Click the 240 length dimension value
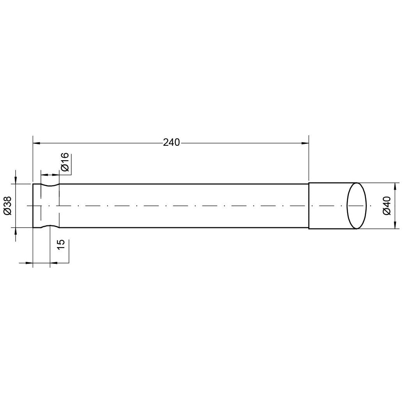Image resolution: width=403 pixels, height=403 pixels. pos(171,143)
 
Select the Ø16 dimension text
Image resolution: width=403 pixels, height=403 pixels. pos(65,162)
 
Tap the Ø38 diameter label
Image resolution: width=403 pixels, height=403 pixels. pos(8,205)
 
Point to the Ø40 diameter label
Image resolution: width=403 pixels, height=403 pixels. pos(387,205)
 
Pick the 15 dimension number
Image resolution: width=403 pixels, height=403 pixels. pos(61,245)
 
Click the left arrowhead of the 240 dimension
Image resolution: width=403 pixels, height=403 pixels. pos(36,143)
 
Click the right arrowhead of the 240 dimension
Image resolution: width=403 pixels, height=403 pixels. pos(305,143)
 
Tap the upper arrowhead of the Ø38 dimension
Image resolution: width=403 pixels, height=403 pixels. pos(16,180)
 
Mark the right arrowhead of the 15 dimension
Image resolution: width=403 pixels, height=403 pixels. pos(54,263)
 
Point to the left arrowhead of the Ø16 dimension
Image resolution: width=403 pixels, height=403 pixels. pos(44,175)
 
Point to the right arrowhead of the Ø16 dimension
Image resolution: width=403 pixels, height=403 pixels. pos(56,175)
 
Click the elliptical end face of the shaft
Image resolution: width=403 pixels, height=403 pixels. pos(357,205)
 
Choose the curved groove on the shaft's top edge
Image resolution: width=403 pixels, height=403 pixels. pos(50,186)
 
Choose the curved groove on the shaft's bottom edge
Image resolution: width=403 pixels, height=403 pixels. pos(50,226)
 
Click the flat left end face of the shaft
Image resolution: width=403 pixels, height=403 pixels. pos(33,205)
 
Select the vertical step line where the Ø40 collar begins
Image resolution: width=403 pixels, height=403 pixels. pos(309,205)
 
